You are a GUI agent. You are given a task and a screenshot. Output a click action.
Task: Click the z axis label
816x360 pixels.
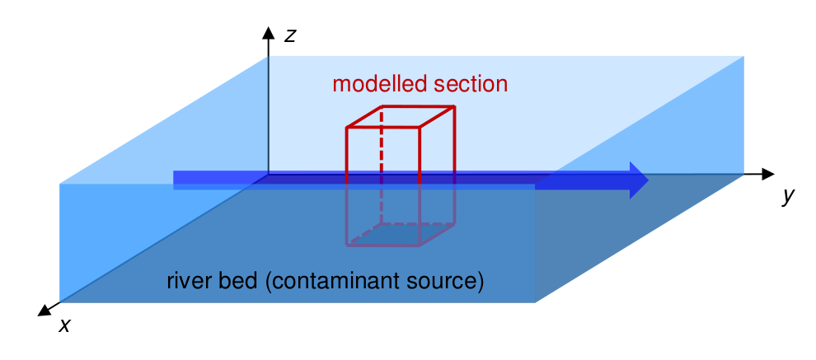click(x=289, y=35)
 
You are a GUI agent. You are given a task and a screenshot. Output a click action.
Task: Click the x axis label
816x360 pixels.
click(x=64, y=325)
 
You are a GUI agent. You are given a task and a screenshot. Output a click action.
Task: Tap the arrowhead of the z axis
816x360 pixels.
click(x=268, y=33)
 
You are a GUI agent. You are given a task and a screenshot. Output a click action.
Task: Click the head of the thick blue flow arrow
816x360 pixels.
click(x=638, y=180)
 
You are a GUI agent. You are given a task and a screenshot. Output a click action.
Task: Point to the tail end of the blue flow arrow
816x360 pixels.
click(x=176, y=180)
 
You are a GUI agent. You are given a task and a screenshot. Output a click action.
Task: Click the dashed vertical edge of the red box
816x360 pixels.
click(x=381, y=165)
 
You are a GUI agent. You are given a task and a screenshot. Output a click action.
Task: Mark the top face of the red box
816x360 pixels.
click(x=401, y=117)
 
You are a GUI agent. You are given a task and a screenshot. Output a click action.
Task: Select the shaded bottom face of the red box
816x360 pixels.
click(x=401, y=235)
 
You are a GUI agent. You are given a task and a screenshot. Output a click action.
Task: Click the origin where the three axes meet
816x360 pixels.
click(x=268, y=175)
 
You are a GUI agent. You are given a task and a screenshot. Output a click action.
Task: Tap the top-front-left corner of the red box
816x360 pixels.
click(x=347, y=128)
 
